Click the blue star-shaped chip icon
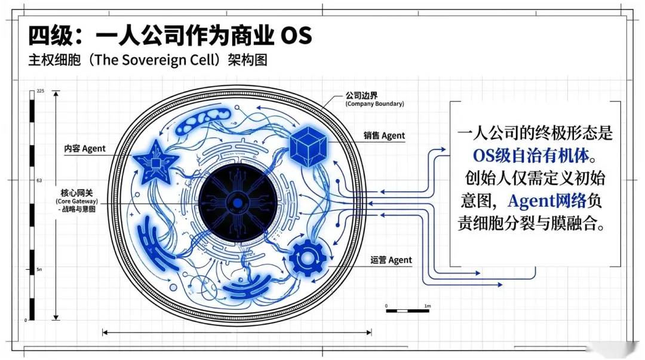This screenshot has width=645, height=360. (x=155, y=162)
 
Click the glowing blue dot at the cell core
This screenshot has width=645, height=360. (x=238, y=204)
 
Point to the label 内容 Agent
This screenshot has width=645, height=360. (x=85, y=148)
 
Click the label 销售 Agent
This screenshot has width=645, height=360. (x=384, y=136)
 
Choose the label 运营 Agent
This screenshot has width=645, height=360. (x=391, y=260)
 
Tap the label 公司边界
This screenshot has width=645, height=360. (x=362, y=95)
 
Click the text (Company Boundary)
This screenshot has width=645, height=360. (x=374, y=104)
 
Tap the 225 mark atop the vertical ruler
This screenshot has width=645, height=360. (x=41, y=91)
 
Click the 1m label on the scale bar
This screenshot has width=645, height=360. (x=427, y=306)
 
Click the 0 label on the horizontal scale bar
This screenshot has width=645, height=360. (x=386, y=306)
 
